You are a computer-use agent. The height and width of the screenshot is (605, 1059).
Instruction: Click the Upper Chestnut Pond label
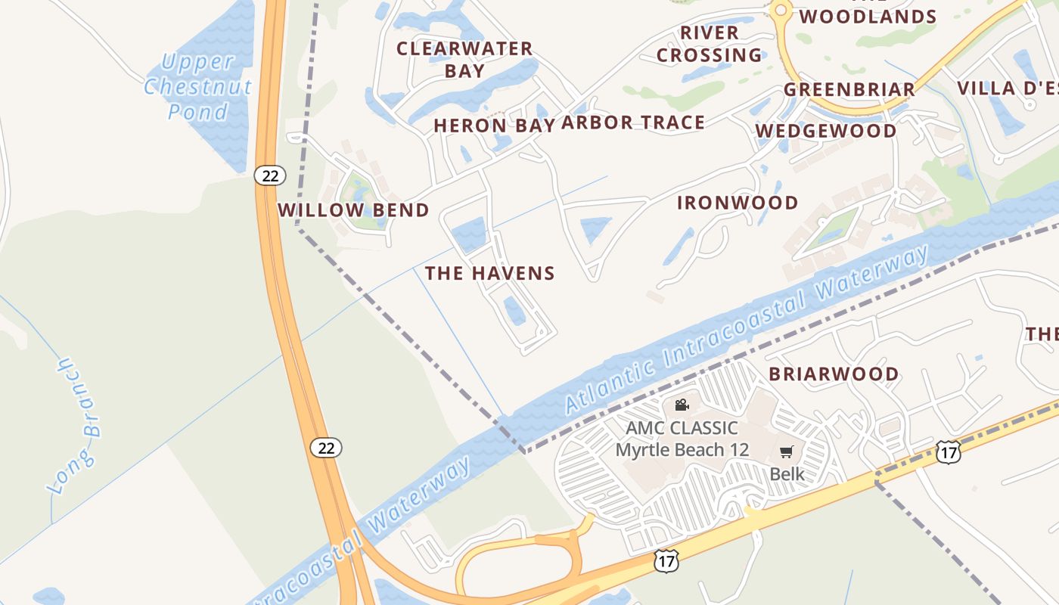pos(197,86)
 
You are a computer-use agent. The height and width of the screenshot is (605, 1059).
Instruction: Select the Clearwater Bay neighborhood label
pos(464,60)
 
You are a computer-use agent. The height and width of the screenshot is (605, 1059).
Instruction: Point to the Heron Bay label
pos(494,126)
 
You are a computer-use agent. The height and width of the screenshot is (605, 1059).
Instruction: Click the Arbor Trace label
pos(633,123)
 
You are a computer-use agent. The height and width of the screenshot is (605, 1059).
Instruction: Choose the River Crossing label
pos(709,44)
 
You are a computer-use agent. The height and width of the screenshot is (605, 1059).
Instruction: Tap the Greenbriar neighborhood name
pos(849,89)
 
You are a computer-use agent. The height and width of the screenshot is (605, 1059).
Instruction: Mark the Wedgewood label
pos(826,131)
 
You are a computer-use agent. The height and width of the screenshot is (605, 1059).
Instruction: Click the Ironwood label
pos(738,203)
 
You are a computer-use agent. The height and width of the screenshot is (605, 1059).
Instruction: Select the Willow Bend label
pos(354,210)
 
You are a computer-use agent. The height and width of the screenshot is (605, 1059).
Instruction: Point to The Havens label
pos(490,273)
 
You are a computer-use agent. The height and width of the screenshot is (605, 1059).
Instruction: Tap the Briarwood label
pos(834,374)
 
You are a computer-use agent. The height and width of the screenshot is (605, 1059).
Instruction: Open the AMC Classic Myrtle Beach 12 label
pos(682,439)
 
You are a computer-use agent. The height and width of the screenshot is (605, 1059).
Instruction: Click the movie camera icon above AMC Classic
pos(682,405)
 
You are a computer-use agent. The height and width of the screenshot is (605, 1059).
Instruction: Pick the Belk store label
pos(787,474)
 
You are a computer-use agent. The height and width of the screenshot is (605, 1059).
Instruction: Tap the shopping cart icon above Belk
pos(786,452)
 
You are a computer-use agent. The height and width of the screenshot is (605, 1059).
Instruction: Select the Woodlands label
pos(868,16)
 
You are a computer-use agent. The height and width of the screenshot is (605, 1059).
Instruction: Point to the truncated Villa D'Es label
pos(1008,88)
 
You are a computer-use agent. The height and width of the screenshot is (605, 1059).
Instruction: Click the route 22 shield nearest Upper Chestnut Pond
pos(269,176)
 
